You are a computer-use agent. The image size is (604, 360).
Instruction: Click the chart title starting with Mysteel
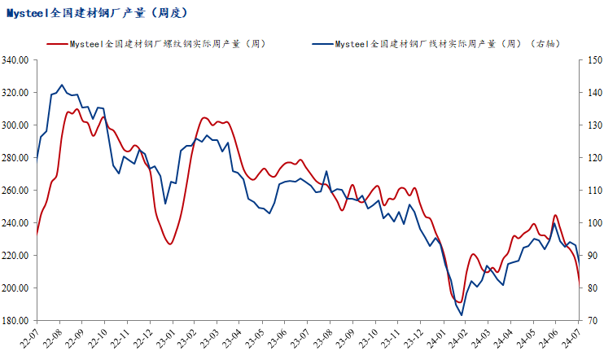tap(98, 13)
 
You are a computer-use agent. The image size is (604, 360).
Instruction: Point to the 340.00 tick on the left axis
tap(15, 60)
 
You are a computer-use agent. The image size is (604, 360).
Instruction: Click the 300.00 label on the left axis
tap(15, 125)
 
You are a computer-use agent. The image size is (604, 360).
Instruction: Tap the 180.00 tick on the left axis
tap(15, 321)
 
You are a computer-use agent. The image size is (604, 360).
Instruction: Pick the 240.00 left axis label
tap(15, 223)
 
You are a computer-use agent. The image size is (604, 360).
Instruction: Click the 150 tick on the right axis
tap(591, 60)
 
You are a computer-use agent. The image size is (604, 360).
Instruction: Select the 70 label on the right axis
tap(589, 321)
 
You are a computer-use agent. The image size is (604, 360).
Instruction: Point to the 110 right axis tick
tap(591, 191)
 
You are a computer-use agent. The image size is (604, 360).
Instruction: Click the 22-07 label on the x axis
tap(33, 336)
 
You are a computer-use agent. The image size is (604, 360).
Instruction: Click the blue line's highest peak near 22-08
tap(62, 84)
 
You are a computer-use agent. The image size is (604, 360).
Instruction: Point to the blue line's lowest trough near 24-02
tap(462, 315)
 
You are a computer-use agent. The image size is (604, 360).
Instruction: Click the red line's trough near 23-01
tap(170, 244)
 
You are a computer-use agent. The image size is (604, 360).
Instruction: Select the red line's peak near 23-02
tap(205, 118)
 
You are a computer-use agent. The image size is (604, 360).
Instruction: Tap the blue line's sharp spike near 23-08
tap(326, 171)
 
